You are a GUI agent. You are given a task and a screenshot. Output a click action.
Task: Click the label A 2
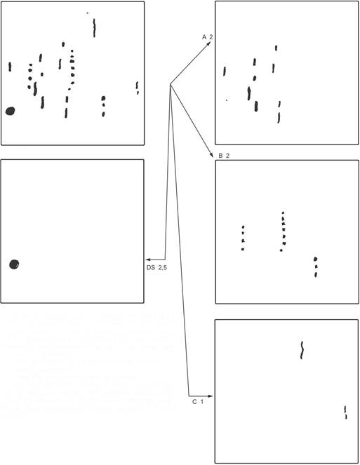[208, 37]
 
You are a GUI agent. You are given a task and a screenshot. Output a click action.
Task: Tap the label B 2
[224, 156]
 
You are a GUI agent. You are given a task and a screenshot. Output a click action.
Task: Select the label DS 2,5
[156, 267]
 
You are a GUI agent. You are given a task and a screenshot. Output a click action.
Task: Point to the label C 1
[198, 402]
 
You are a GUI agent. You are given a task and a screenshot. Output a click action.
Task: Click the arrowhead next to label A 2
[208, 43]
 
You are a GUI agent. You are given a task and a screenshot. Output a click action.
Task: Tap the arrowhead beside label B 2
[212, 155]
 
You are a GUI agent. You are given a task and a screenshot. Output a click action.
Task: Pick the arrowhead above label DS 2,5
[148, 260]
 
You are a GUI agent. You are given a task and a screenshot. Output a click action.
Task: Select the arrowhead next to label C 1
[210, 396]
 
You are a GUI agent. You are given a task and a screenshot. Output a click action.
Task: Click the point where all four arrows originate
[170, 85]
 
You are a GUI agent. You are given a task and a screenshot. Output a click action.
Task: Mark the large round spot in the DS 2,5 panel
[14, 264]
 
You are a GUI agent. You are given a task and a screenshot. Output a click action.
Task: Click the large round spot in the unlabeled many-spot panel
[11, 111]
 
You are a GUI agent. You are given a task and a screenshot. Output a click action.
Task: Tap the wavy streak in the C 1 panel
[302, 350]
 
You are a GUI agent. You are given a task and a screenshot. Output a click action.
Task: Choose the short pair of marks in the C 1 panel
[345, 412]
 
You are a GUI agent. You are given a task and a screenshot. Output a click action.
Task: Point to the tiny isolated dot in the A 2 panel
[227, 100]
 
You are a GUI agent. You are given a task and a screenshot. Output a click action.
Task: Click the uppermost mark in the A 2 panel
[276, 48]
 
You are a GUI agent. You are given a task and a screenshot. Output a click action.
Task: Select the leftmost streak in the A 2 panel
[225, 71]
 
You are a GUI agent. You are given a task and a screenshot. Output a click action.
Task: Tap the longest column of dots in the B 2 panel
[283, 232]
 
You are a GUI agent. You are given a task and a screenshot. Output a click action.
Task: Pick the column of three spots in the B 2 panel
[316, 267]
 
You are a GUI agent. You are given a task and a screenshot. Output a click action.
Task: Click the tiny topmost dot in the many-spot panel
[87, 13]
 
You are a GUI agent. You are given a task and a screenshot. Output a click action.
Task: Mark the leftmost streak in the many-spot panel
[10, 67]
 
